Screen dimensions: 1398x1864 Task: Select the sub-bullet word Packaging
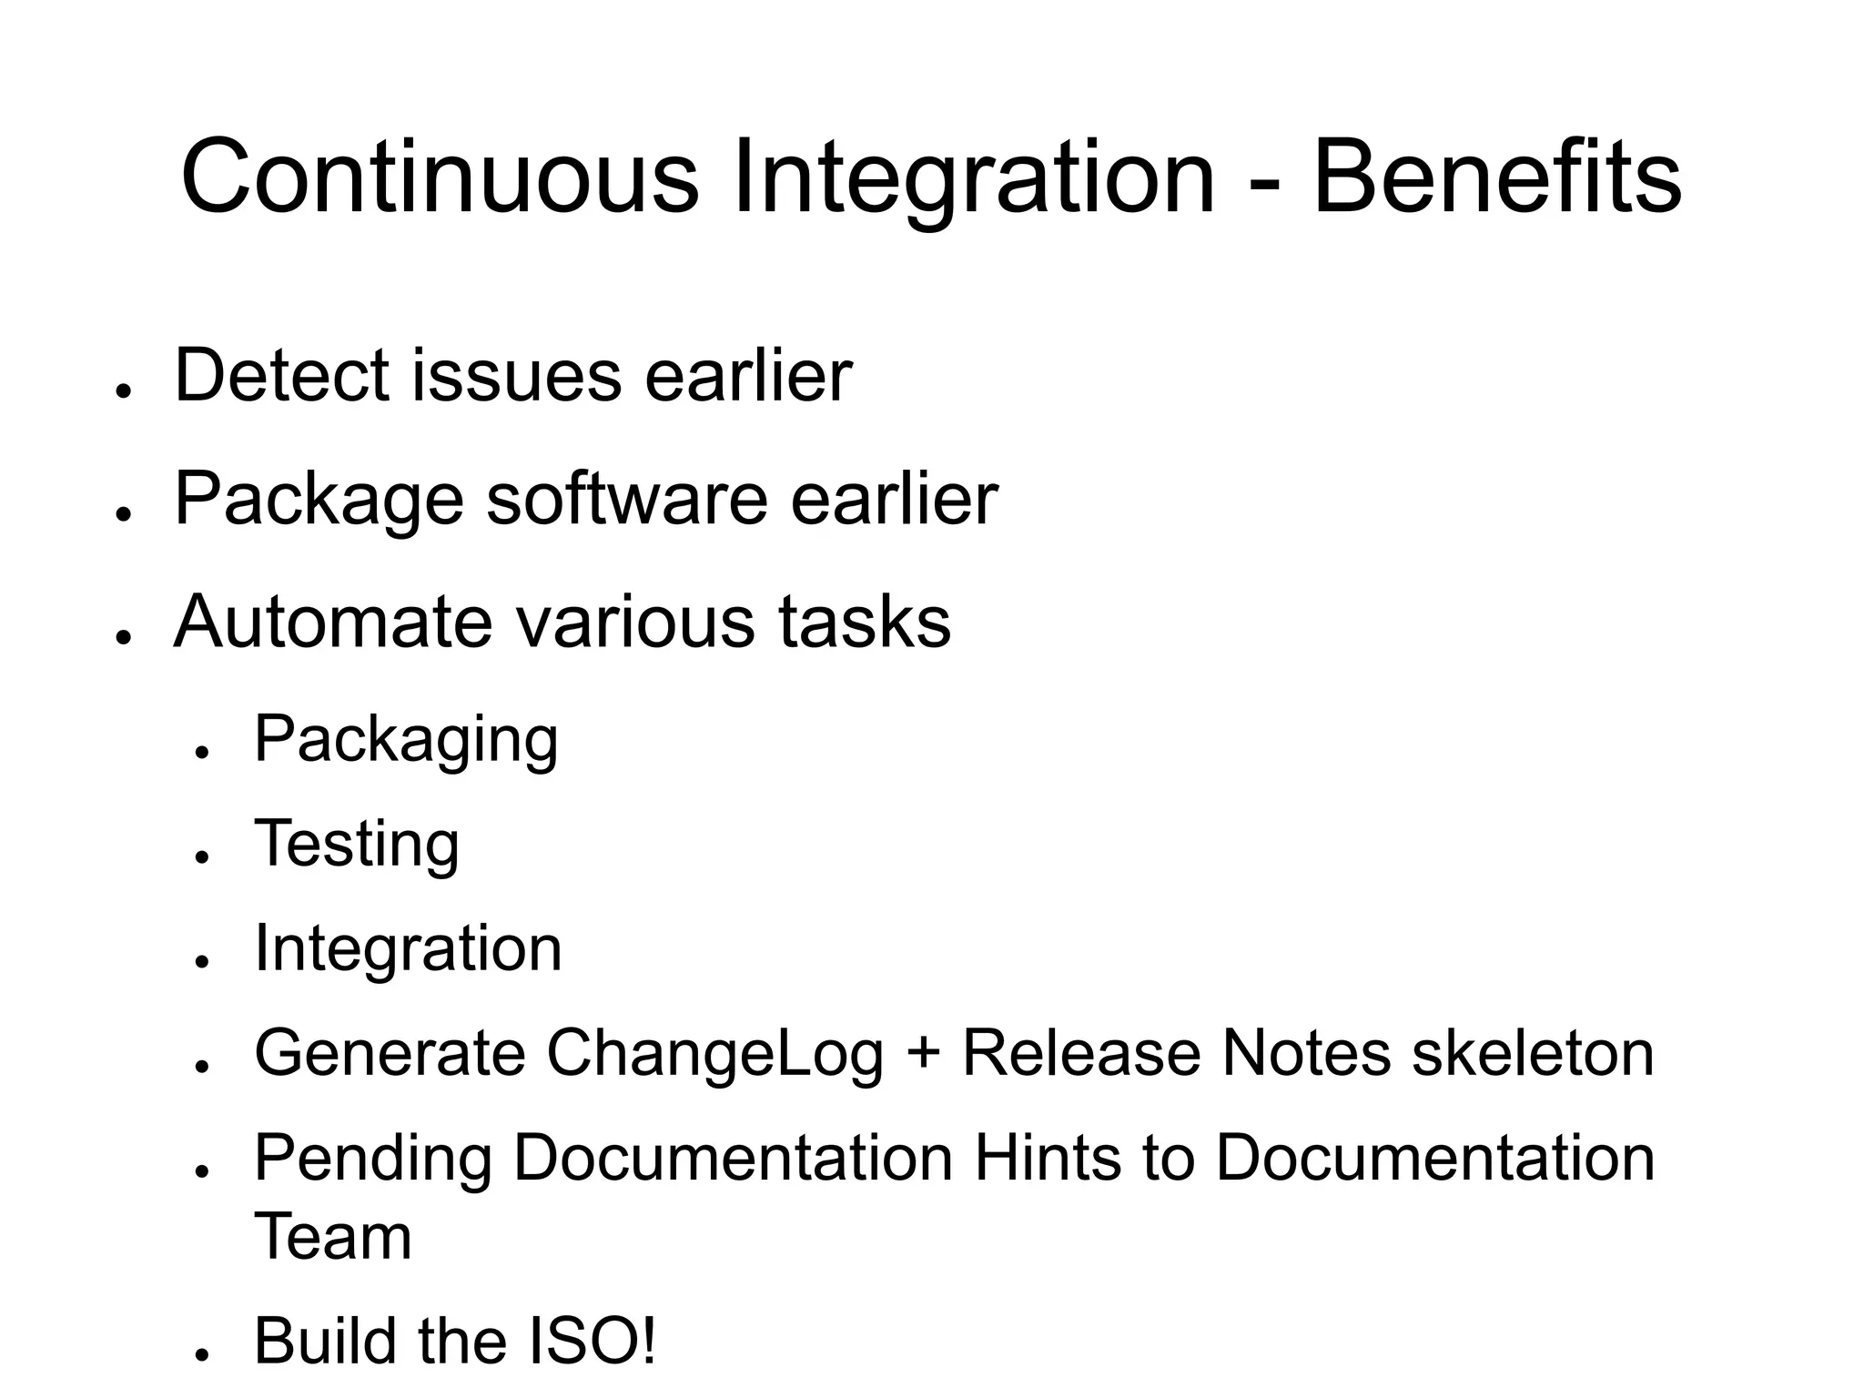click(x=406, y=739)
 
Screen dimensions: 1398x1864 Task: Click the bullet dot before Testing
click(x=202, y=857)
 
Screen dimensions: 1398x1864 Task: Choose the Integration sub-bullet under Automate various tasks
click(x=408, y=948)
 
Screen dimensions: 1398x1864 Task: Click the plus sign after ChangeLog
click(x=923, y=1055)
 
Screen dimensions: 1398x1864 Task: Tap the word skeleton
click(x=1533, y=1053)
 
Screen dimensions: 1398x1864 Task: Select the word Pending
click(x=372, y=1159)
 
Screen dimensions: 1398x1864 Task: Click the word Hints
click(x=1047, y=1158)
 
